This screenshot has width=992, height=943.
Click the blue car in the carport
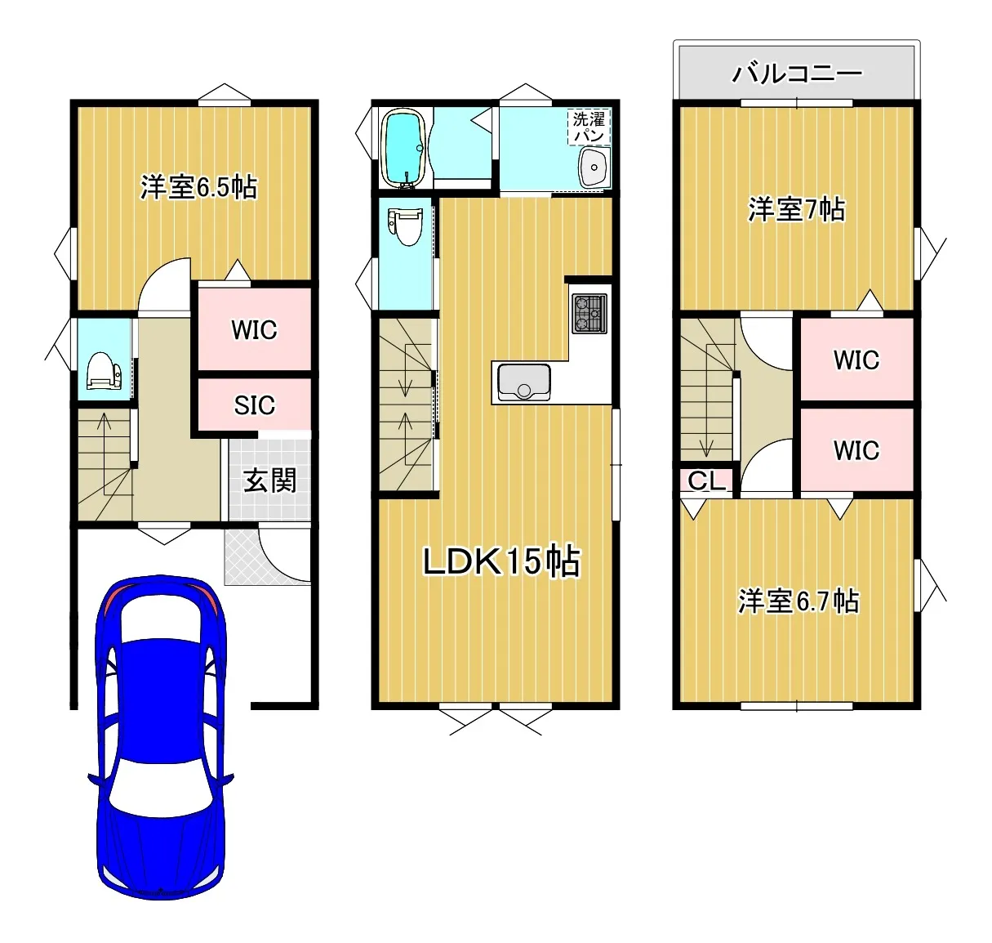tap(161, 737)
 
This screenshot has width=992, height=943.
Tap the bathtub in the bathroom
tap(405, 149)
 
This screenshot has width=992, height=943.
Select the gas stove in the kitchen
tap(589, 314)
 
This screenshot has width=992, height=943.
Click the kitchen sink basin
tap(523, 382)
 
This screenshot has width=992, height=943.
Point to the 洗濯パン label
tap(589, 127)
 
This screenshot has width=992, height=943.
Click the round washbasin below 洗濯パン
tap(594, 168)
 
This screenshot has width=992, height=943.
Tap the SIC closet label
tap(254, 405)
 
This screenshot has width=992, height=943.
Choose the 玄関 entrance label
tap(269, 480)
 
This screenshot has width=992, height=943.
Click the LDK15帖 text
tap(501, 561)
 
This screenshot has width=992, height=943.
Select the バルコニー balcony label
tap(797, 74)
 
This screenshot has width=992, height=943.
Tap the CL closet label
tap(706, 480)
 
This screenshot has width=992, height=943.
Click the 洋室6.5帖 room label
tap(198, 187)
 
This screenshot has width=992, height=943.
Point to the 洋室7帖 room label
tap(796, 210)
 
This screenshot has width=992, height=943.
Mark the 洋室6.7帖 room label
tap(798, 601)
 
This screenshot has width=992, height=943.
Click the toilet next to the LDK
tap(405, 226)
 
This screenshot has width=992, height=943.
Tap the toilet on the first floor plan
tap(104, 370)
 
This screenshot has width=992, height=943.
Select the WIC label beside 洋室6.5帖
tap(254, 330)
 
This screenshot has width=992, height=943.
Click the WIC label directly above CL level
tap(856, 450)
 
